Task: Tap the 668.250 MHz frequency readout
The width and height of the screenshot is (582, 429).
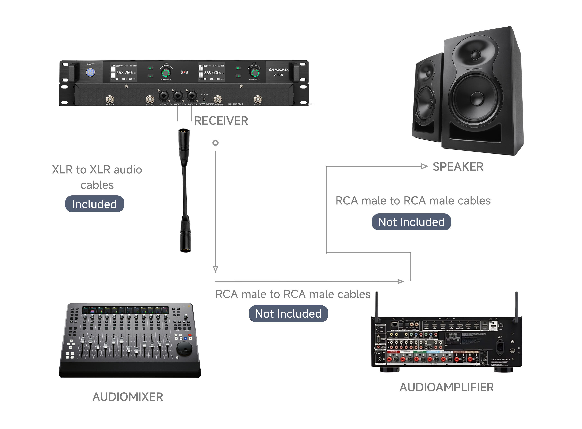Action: tap(124, 73)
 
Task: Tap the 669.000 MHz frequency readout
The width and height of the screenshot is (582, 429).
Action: tap(212, 73)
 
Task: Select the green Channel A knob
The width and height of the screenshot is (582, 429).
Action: tap(166, 73)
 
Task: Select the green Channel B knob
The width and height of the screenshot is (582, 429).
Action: tap(255, 73)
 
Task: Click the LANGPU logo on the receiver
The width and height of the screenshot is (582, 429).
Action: tap(279, 70)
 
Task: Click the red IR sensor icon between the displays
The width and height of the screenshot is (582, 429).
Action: tap(184, 72)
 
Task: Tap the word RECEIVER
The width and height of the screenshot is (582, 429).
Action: tap(221, 121)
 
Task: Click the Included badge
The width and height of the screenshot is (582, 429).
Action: tap(95, 204)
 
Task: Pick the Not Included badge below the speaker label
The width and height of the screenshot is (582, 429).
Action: tap(411, 222)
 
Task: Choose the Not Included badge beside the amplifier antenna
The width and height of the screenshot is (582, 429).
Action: tap(288, 314)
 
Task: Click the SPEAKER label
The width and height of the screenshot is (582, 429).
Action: tap(458, 167)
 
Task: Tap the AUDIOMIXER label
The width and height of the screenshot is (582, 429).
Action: tap(128, 397)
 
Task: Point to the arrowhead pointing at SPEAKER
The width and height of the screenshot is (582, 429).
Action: tap(424, 166)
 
